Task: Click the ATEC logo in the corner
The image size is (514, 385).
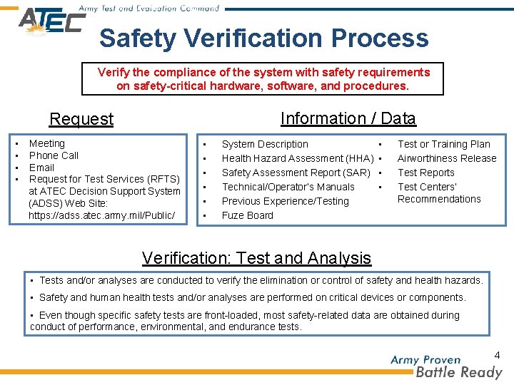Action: tap(51, 21)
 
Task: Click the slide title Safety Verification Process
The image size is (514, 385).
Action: tap(264, 38)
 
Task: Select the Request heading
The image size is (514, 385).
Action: tap(81, 119)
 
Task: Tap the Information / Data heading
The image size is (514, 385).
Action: tap(348, 118)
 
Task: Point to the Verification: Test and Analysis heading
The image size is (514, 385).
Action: tap(256, 258)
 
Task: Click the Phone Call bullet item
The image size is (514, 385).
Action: tap(54, 155)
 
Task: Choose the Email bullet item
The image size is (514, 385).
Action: tap(41, 168)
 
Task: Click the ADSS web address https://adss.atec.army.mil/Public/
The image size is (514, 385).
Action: tap(101, 215)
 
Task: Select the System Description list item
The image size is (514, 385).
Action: tap(265, 144)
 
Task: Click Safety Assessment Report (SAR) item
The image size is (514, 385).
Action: tap(296, 173)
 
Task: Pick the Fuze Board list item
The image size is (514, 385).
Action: tap(247, 215)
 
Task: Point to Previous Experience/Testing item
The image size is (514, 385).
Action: tap(285, 201)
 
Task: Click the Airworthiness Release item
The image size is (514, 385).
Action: tap(446, 158)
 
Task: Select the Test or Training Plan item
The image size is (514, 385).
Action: tap(443, 144)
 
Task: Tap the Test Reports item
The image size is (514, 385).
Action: tap(425, 173)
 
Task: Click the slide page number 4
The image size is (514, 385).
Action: tap(497, 354)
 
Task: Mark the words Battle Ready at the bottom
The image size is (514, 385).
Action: tap(459, 372)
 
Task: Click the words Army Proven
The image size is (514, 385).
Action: tap(425, 360)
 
